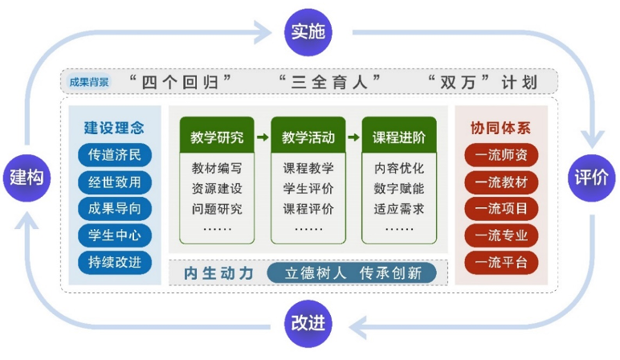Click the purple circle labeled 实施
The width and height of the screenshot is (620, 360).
coord(308,32)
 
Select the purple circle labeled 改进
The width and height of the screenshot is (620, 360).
coord(308,323)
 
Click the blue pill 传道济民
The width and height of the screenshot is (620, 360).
coord(115,155)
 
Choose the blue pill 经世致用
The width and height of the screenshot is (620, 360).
coord(115,182)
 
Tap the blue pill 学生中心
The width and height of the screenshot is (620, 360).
coord(115,235)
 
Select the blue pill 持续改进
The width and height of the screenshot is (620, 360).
coord(115,262)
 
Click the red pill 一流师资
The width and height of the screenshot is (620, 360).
coord(501,155)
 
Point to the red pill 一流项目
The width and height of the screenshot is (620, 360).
coord(501,209)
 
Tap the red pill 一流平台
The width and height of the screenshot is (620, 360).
coord(501,262)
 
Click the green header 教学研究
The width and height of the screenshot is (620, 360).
coord(217,137)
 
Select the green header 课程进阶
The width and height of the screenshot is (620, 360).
coord(399,137)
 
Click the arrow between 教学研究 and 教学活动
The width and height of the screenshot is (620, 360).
coord(263,137)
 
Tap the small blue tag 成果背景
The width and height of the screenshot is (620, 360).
coord(88,82)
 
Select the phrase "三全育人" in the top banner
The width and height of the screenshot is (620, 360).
coord(328,82)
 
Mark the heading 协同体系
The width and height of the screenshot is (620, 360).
coord(500,128)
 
